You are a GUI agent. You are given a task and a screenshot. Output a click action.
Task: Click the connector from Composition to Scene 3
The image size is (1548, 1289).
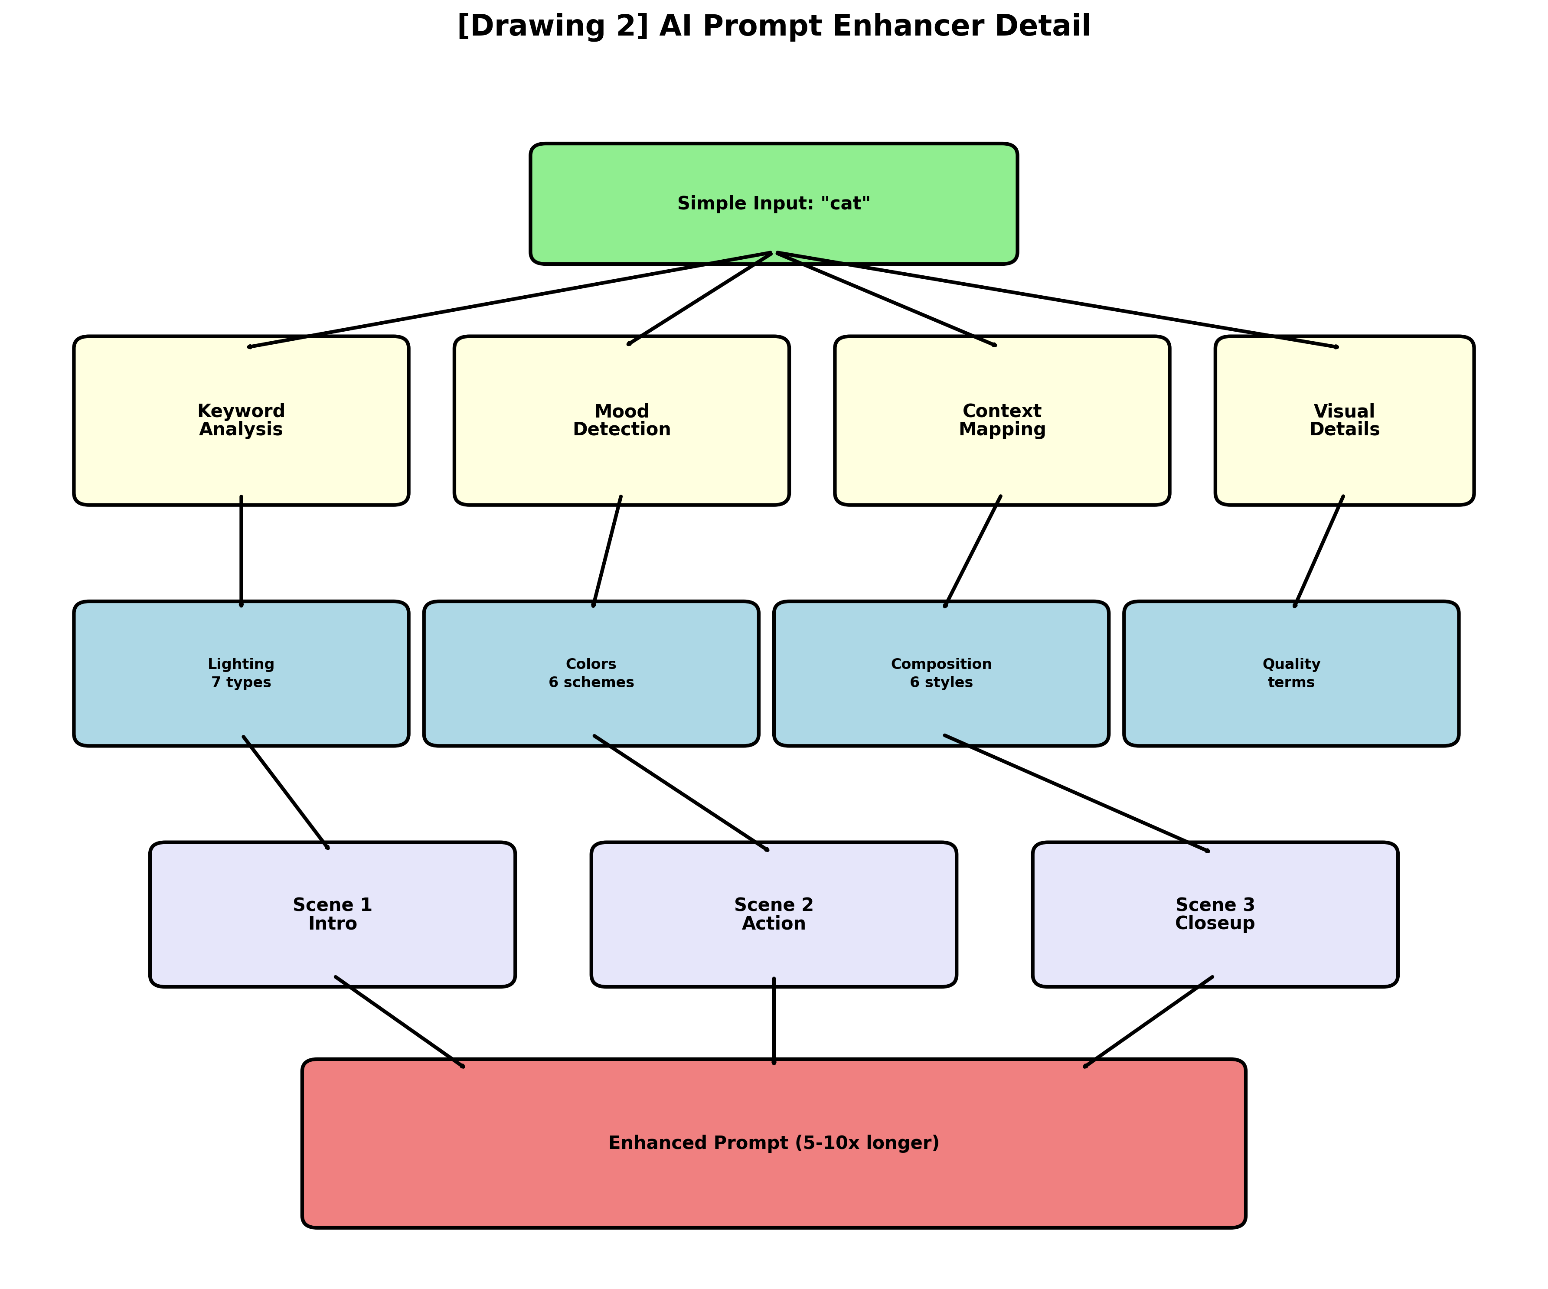click(1076, 793)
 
